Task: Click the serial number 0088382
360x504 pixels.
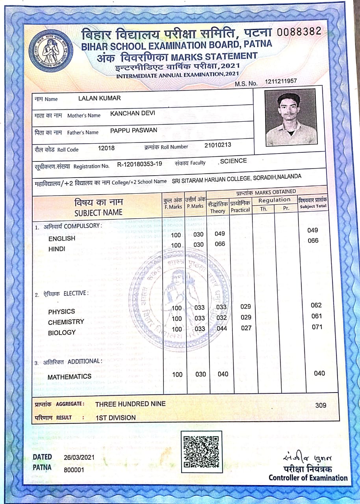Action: (299, 32)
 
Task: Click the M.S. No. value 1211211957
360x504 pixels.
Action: (281, 82)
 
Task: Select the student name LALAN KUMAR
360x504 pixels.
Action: (100, 98)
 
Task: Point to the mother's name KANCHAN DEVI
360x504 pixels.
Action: (132, 113)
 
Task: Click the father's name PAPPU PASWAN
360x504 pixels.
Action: (134, 130)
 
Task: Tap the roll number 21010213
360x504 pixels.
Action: (218, 145)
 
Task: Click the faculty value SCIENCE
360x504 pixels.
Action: (234, 161)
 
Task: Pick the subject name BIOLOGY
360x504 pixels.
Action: (61, 333)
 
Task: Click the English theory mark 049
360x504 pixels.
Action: (220, 234)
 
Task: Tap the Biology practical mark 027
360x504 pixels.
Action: (246, 328)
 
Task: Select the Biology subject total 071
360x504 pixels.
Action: (317, 327)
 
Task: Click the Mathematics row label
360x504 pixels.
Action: (69, 377)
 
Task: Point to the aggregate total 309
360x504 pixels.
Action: (321, 405)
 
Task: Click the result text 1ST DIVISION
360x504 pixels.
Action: (116, 417)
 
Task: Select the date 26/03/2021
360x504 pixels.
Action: (79, 458)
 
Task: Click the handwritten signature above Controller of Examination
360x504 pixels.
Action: (307, 458)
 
